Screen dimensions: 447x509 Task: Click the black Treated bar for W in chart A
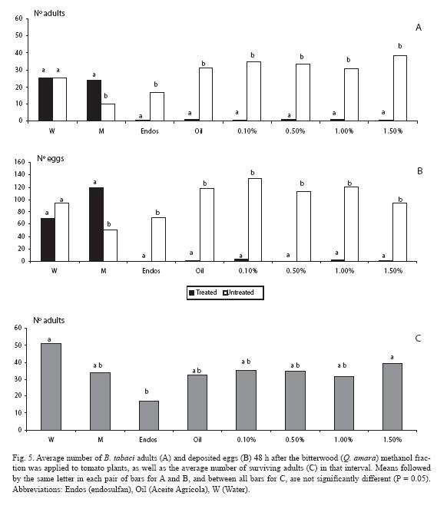click(x=45, y=99)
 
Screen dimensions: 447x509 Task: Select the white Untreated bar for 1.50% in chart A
click(x=400, y=88)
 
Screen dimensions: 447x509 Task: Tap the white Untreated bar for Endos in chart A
click(x=157, y=107)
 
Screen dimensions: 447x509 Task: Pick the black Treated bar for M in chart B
click(x=96, y=224)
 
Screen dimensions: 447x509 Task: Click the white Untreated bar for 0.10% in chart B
click(x=255, y=220)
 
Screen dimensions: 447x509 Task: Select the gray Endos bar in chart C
click(x=149, y=416)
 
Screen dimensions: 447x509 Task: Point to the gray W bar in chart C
click(x=51, y=387)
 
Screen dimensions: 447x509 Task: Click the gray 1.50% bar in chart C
click(x=392, y=397)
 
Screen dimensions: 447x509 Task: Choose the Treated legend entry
click(x=203, y=293)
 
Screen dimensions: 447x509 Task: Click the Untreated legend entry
click(x=238, y=293)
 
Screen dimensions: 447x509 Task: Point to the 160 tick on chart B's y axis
click(x=19, y=162)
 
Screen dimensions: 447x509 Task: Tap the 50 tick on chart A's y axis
click(x=19, y=35)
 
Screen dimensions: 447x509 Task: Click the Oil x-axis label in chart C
click(x=197, y=440)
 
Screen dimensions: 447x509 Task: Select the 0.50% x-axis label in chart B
click(x=296, y=271)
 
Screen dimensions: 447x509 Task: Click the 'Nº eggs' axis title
click(x=51, y=159)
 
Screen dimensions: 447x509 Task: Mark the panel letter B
click(x=419, y=171)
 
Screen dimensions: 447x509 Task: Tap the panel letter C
click(x=418, y=339)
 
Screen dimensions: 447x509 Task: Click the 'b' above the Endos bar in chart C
click(x=147, y=392)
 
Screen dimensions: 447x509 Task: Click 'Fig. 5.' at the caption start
click(x=23, y=458)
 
